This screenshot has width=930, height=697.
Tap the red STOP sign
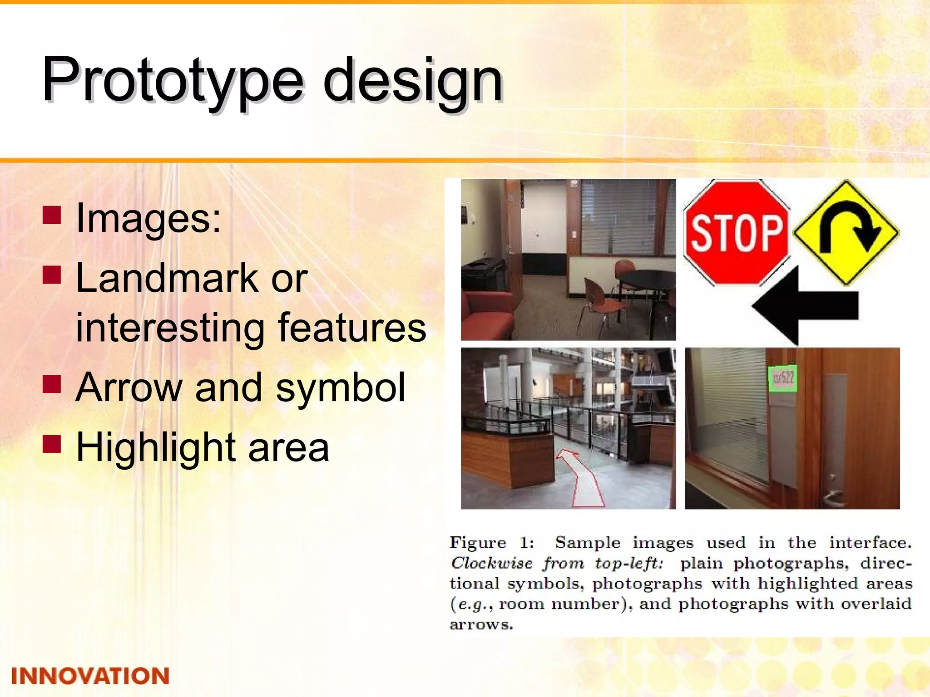tap(737, 232)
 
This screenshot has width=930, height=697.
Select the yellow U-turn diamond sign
tap(846, 232)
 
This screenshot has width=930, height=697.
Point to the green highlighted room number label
tap(782, 378)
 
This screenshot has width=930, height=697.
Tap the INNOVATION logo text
tap(90, 676)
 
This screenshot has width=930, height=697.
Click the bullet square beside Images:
tap(52, 215)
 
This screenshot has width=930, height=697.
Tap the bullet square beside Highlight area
tap(52, 445)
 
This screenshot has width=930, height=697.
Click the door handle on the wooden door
tap(833, 495)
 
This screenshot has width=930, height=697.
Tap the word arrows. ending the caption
tap(481, 624)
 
